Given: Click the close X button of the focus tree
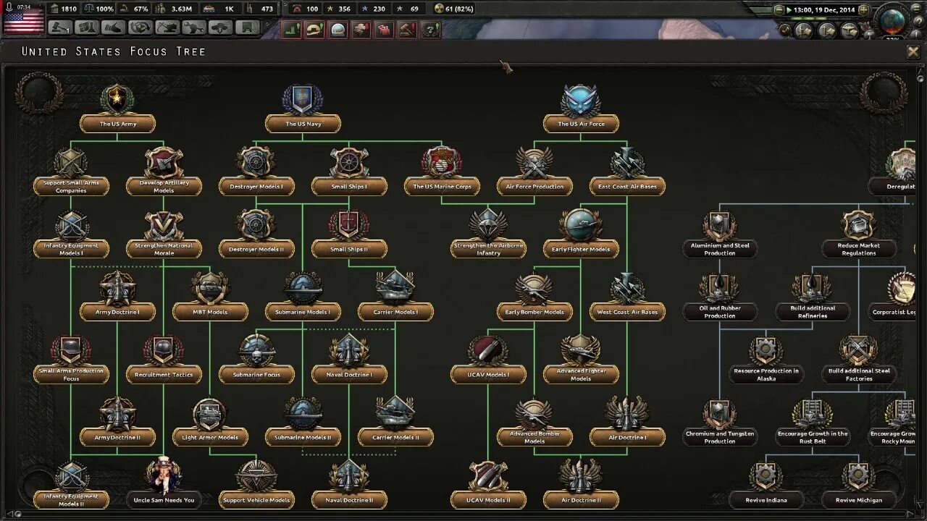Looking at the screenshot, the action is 913,51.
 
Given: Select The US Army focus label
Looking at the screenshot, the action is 118,124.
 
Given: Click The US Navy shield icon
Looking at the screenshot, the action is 303,99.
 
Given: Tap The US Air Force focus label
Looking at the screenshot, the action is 581,124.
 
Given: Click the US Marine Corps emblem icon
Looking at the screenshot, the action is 442,161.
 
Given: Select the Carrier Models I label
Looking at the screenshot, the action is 395,312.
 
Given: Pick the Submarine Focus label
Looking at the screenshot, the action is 256,375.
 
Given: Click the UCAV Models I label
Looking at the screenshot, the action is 488,375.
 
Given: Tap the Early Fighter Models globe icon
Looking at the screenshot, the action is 581,224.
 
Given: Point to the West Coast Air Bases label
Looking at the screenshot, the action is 627,312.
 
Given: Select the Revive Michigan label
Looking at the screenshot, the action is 859,500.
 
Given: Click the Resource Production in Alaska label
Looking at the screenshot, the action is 766,375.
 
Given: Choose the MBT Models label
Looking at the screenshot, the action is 210,312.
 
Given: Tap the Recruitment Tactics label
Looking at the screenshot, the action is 164,375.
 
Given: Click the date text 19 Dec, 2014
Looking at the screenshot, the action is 836,10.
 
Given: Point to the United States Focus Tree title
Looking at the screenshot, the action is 114,51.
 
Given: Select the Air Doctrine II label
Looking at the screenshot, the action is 581,500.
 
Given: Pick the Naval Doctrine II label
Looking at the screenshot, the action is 349,500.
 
